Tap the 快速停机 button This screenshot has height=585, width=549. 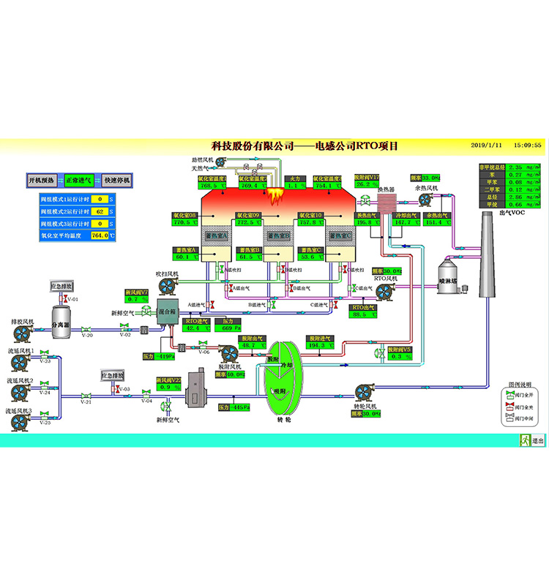[116, 180]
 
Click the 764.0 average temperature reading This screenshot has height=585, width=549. [100, 235]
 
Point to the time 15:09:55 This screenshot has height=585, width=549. [528, 146]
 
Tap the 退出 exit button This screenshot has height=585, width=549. [534, 441]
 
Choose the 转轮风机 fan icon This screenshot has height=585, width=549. [364, 393]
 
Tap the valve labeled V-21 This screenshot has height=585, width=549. [86, 396]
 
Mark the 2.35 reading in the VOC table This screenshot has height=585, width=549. [518, 167]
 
